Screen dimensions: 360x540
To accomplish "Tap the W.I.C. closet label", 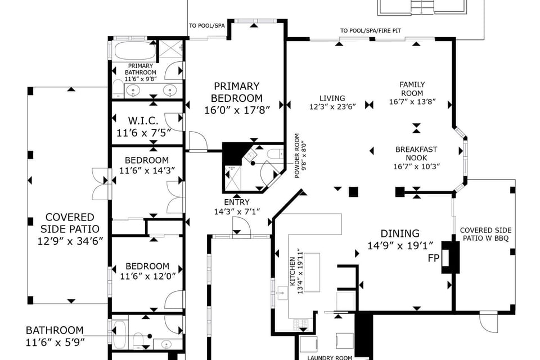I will point(142,121).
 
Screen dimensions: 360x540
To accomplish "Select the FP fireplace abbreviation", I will point(433,258).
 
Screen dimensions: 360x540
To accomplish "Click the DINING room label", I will point(400,233).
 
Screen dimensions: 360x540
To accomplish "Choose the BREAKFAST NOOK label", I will point(416,154).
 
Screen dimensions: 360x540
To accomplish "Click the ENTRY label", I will point(236,202).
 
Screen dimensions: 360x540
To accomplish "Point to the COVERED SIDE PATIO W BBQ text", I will point(485,235).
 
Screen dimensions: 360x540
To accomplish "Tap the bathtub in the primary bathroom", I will point(134,51).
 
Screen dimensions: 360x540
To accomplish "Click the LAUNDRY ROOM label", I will point(329,357).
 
